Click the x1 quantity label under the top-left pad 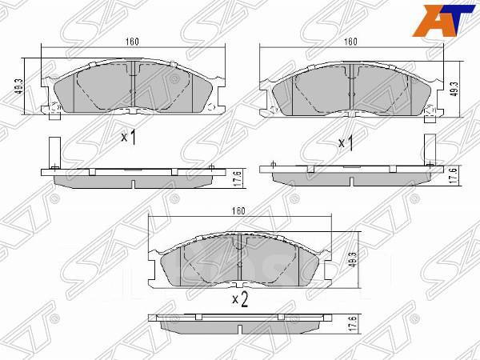[x=129, y=138]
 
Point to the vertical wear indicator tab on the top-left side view [x=53, y=152]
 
